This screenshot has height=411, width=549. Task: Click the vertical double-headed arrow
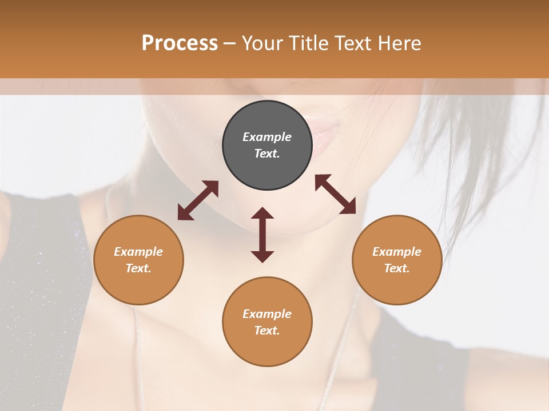pos(262,235)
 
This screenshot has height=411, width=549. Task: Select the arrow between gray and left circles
pos(198,200)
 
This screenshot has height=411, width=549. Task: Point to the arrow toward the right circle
pos(336,194)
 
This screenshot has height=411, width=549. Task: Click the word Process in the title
pos(180,43)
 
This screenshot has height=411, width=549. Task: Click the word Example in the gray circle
pos(267,137)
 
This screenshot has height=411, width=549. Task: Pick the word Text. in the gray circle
pos(267,154)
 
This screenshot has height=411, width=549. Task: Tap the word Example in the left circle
pos(138,252)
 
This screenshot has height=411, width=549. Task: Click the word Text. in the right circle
pos(397,268)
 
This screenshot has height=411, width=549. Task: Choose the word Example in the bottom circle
pos(267,314)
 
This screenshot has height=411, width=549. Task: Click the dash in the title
pos(230,43)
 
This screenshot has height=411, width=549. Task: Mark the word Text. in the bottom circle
pos(267,331)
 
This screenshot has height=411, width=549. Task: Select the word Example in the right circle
pos(397,252)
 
